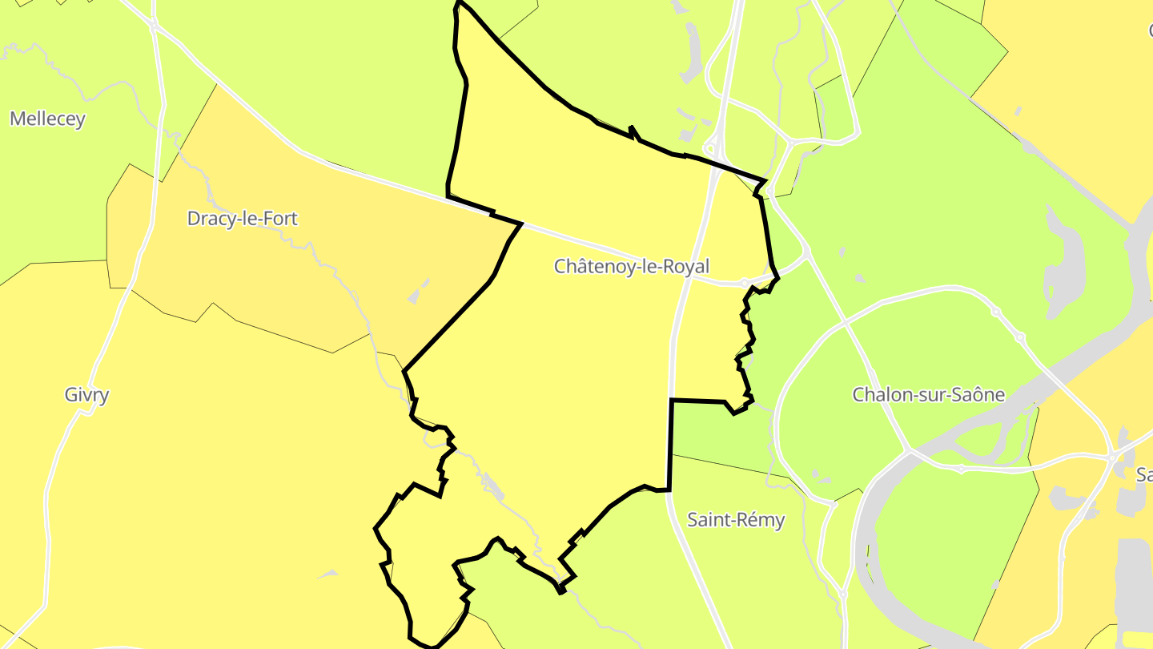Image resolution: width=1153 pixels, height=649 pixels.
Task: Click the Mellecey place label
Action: point(47,119)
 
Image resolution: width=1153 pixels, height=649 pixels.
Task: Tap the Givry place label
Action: point(86,395)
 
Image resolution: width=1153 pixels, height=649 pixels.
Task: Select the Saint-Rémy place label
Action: point(736,520)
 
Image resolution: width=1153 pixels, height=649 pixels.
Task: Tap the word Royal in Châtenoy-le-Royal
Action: point(683,267)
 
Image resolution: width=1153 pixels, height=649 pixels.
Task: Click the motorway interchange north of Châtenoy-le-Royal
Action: point(710,149)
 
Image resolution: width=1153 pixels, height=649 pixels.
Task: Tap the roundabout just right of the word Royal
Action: point(745,283)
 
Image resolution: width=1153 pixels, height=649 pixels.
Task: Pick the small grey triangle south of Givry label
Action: point(328,574)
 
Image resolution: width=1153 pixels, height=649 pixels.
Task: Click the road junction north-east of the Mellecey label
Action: point(154,26)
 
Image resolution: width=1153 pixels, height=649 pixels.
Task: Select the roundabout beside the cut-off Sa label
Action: point(1113,458)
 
